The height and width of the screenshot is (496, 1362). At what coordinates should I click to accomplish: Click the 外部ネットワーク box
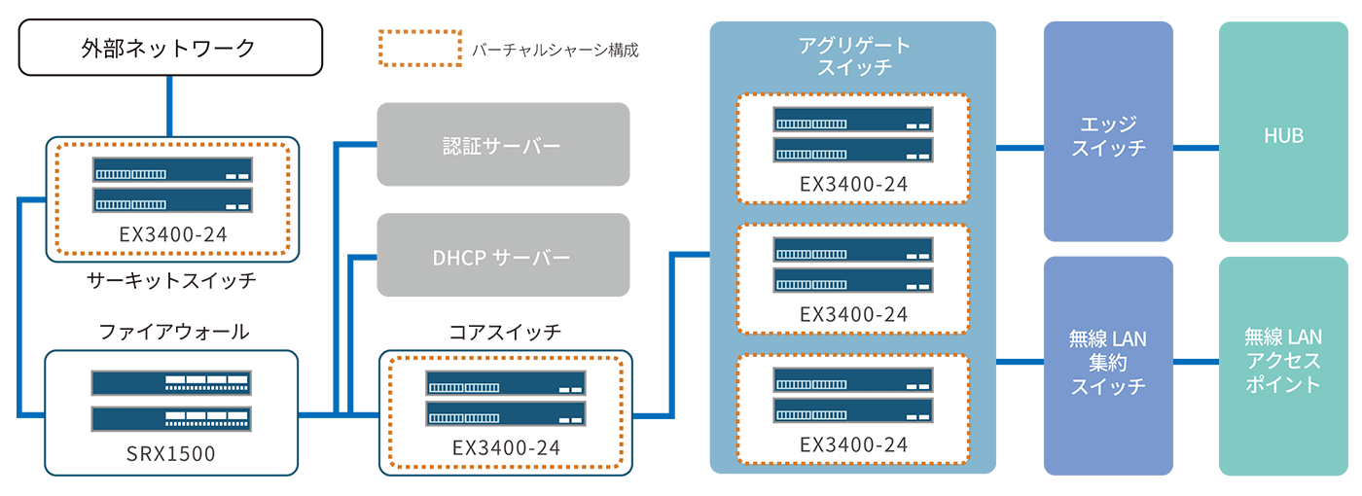tap(170, 48)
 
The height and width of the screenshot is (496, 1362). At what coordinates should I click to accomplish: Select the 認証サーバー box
tap(503, 145)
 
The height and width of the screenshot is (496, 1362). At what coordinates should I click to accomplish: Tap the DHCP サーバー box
tap(503, 257)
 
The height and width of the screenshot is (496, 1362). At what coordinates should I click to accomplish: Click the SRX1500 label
tap(171, 454)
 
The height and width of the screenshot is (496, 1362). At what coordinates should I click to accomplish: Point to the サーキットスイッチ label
tap(171, 281)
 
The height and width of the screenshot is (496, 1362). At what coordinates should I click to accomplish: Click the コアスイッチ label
tap(505, 332)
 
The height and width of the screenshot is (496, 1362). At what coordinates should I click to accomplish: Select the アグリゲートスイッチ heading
tap(853, 56)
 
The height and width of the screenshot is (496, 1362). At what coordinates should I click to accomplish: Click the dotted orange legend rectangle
tap(419, 48)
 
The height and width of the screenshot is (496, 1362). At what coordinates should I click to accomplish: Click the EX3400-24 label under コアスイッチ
tap(505, 448)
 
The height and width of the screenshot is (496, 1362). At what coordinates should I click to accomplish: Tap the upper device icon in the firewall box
tap(171, 382)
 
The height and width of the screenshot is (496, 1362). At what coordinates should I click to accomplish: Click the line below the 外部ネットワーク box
tap(170, 106)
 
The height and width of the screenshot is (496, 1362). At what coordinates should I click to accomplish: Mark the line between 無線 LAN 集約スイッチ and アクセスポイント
tap(1196, 362)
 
